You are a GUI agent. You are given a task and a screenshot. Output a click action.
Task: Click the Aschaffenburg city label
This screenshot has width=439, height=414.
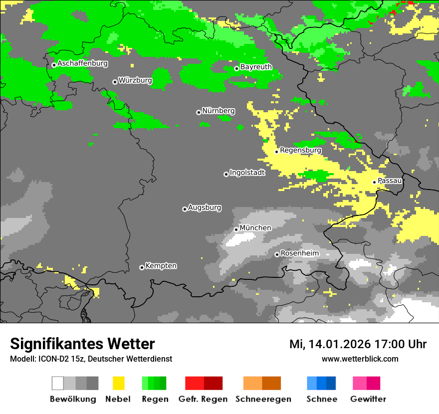82,63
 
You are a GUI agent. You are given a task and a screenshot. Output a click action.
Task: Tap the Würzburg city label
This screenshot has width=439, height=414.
135,80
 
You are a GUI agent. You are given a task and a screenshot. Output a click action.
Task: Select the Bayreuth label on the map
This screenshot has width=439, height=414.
256,67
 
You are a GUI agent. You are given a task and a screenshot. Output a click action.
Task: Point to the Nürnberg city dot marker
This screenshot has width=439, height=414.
199,112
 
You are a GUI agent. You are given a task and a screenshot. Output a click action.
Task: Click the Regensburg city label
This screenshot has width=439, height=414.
300,150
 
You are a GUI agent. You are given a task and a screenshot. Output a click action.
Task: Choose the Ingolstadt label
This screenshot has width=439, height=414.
247,173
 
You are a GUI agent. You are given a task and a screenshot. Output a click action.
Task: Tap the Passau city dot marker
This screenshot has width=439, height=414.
374,182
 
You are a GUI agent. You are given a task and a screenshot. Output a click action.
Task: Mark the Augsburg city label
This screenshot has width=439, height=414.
205,207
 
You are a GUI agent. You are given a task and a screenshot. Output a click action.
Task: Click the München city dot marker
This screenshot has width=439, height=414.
236,229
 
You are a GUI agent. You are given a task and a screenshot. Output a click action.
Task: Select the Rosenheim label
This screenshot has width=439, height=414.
299,253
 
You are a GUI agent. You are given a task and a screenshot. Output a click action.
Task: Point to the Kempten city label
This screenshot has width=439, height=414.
161,266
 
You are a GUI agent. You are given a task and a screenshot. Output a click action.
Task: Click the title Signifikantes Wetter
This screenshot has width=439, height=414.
82,344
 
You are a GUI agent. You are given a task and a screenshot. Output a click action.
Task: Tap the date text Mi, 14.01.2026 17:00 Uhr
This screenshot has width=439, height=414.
358,344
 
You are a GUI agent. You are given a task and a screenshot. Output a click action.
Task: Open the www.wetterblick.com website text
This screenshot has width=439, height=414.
360,359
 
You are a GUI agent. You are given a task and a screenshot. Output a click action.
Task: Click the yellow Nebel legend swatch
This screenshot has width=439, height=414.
118,383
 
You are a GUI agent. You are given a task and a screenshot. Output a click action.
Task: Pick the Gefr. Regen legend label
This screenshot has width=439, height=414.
203,399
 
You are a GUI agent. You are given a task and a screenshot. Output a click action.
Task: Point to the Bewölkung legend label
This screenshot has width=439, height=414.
73,399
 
